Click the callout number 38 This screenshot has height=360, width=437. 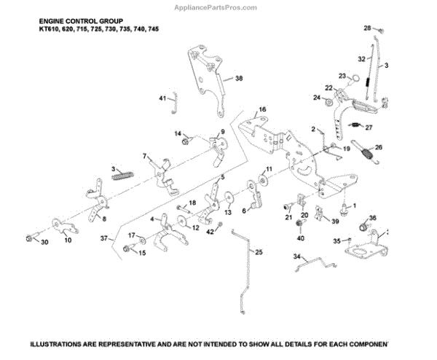238,78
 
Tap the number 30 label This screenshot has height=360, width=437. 44,242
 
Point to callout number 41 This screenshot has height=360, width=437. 162,98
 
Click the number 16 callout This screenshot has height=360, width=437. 262,110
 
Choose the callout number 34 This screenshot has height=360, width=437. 297,256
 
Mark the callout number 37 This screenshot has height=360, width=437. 105,238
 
